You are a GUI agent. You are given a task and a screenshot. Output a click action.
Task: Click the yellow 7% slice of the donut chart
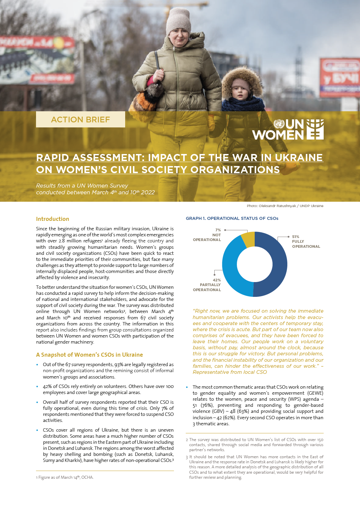[x=249, y=239]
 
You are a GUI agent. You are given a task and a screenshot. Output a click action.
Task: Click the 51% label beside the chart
[x=296, y=237]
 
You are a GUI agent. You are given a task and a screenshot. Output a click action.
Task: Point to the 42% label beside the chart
[x=217, y=280]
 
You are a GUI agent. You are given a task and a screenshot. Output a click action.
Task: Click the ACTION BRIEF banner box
[x=80, y=120]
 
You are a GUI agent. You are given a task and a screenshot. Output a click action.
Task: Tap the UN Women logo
[x=288, y=129]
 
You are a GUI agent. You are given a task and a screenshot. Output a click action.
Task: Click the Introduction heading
[x=52, y=219]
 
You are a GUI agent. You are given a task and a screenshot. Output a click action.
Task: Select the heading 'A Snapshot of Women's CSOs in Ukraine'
[x=89, y=355]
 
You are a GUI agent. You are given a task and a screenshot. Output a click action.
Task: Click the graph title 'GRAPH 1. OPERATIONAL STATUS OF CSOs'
[x=232, y=219]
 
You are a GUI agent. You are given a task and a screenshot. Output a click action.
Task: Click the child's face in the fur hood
[x=240, y=88]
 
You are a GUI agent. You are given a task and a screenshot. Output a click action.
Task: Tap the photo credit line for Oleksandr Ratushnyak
[x=285, y=206]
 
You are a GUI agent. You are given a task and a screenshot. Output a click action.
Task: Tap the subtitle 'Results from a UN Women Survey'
[x=82, y=186]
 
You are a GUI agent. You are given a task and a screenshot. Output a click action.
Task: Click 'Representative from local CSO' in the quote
[x=230, y=372]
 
